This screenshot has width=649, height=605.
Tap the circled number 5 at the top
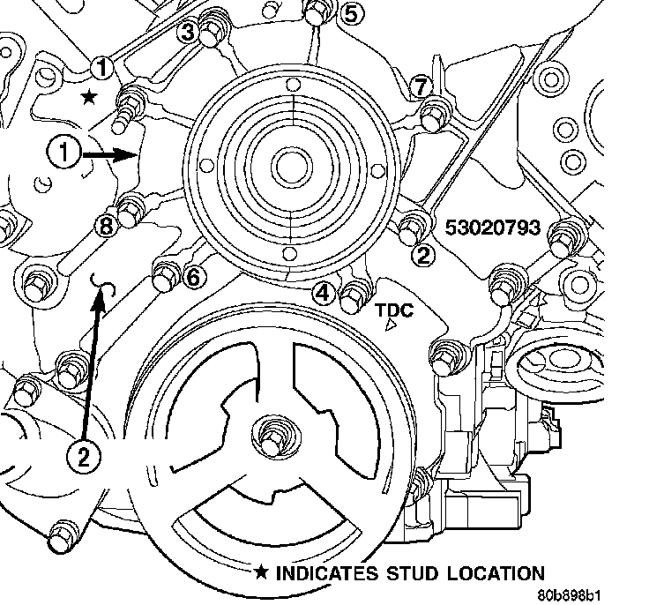click(350, 13)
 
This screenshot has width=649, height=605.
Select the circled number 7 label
click(421, 86)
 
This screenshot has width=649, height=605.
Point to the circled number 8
click(107, 227)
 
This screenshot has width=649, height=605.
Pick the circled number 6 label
click(194, 277)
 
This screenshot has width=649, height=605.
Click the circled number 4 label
click(325, 293)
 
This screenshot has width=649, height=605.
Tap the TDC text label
click(392, 310)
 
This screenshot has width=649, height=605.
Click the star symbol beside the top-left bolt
click(88, 96)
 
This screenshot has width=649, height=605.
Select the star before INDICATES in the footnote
click(262, 573)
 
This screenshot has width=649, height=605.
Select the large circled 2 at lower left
click(82, 457)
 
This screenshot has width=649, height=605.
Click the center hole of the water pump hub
click(288, 164)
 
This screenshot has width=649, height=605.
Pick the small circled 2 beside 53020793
click(424, 256)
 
